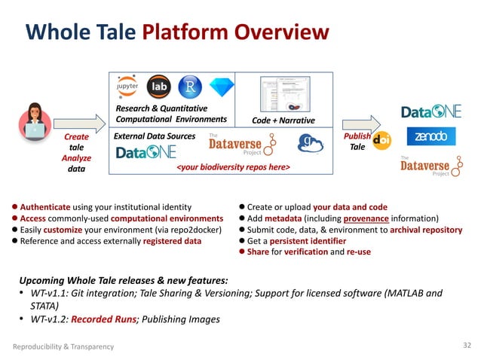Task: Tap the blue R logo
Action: tap(190, 86)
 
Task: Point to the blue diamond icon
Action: tap(220, 87)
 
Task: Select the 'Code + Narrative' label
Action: tap(283, 119)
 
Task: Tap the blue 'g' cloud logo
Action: tap(309, 143)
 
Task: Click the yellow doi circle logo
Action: tap(381, 140)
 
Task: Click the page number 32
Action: tap(465, 346)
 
